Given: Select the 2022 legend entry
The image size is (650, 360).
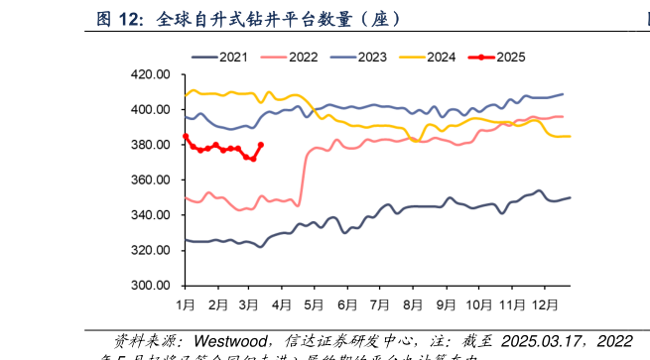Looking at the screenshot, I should click(295, 57).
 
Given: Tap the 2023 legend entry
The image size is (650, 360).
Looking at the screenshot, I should click(368, 57).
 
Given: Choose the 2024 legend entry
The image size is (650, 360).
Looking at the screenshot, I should click(440, 57).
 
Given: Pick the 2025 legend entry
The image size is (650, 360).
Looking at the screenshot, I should click(511, 57).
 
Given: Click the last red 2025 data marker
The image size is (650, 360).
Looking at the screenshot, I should click(261, 145).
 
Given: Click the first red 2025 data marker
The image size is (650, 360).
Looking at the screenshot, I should click(186, 137).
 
